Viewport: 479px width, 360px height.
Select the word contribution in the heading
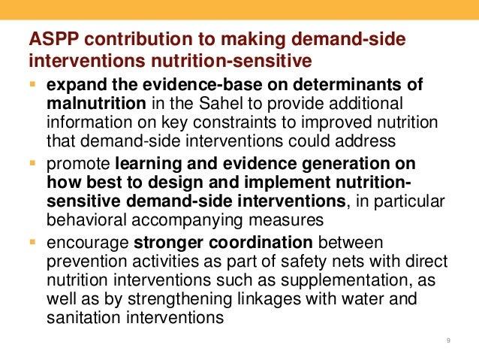click(x=121, y=38)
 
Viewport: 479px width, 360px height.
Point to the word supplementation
click(x=350, y=280)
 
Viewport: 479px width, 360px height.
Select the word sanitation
click(x=80, y=317)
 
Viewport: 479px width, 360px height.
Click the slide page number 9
click(x=448, y=342)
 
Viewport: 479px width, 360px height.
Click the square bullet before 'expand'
click(x=32, y=82)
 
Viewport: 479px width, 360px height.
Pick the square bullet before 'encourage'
click(x=32, y=242)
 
